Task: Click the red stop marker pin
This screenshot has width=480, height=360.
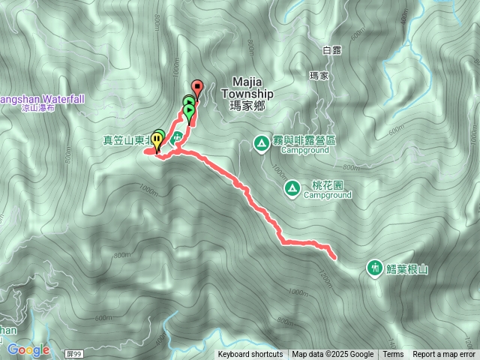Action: [197, 85]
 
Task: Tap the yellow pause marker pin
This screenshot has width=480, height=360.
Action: [157, 138]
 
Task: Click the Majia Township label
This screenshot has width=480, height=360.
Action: [241, 88]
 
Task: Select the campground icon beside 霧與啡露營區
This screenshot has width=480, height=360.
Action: [261, 141]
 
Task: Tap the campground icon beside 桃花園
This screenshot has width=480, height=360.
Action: [291, 187]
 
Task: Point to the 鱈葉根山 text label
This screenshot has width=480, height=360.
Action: [407, 268]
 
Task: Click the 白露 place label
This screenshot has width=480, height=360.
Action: [331, 50]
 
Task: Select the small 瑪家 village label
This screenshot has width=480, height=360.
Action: [319, 76]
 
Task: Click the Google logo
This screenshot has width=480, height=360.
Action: [28, 349]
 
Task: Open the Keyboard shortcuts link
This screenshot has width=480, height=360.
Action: [250, 355]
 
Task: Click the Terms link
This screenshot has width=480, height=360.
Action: [393, 355]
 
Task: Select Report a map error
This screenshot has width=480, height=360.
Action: [443, 355]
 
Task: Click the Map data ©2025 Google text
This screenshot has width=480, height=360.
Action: [332, 355]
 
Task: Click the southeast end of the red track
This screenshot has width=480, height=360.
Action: [334, 257]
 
